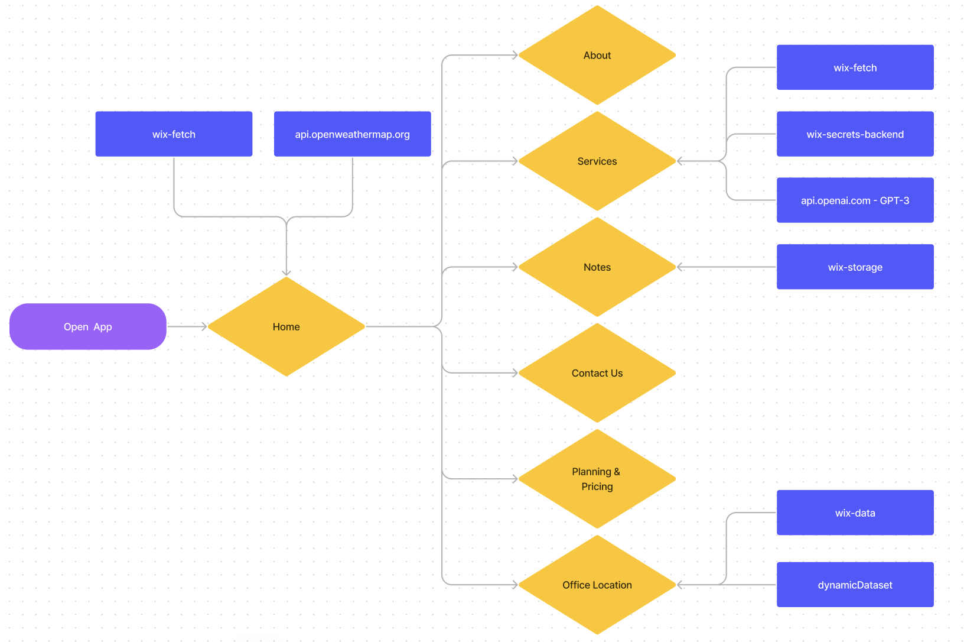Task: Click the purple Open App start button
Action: point(87,326)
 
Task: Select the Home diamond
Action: point(286,326)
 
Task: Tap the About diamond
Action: point(597,55)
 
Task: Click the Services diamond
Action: point(597,161)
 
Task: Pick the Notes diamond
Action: point(597,267)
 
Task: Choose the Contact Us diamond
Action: point(597,372)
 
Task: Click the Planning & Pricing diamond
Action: point(597,479)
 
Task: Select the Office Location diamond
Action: point(597,585)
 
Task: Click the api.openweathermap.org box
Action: point(352,134)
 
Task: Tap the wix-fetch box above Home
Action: point(174,134)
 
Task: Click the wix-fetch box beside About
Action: point(855,67)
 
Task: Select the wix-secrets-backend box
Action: point(855,134)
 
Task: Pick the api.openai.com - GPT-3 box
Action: point(855,200)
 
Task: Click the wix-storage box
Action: point(855,267)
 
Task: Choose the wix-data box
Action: point(855,513)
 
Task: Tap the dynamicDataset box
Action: point(855,585)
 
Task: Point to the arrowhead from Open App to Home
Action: point(204,326)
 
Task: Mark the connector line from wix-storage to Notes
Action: point(727,267)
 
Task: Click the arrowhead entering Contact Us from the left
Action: point(514,373)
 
